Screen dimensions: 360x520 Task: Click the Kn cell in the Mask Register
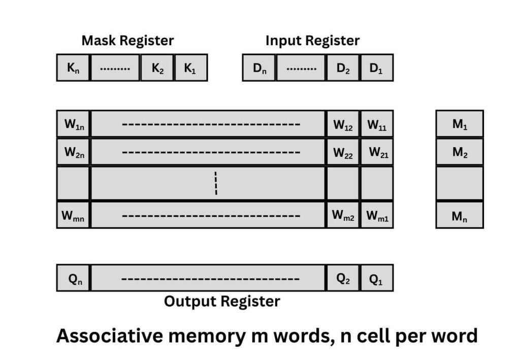(73, 68)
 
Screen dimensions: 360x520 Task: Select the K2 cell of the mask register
(157, 68)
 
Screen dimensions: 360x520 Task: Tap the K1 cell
(190, 68)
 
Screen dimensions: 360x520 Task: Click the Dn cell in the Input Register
(259, 68)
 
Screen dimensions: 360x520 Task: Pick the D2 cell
(343, 68)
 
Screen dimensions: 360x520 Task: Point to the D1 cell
(376, 68)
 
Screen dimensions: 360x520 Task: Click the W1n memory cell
(73, 124)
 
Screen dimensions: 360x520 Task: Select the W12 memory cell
(343, 124)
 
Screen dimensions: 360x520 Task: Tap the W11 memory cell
(376, 124)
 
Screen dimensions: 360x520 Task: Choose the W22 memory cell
(343, 151)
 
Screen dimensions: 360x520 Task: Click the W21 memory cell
(376, 151)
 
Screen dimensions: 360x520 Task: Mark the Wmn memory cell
(73, 215)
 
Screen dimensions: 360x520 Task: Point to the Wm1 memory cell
(376, 215)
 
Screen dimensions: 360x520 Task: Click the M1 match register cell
(460, 124)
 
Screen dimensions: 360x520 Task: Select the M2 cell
(460, 151)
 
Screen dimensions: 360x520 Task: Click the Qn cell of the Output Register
(73, 278)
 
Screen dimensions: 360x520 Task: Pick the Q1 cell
(376, 278)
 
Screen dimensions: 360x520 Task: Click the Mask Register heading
(127, 41)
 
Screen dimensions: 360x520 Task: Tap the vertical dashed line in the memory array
(216, 183)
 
